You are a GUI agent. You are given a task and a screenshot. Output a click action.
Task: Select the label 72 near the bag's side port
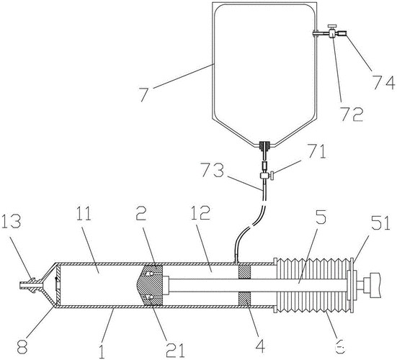352,112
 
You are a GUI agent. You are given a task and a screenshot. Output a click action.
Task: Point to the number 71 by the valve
316,152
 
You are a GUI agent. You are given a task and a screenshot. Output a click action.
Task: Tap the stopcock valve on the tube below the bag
267,173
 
